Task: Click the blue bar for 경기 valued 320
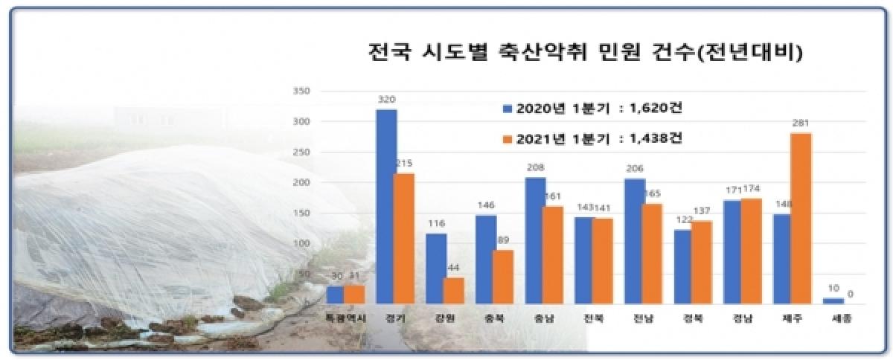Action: (386, 206)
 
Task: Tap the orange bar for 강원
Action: (454, 290)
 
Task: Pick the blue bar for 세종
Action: (833, 300)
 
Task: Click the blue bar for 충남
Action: (535, 240)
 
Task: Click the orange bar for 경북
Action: (702, 262)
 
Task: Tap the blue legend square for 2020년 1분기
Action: (507, 109)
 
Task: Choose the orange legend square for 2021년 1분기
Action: (507, 138)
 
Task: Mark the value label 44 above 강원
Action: (454, 268)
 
